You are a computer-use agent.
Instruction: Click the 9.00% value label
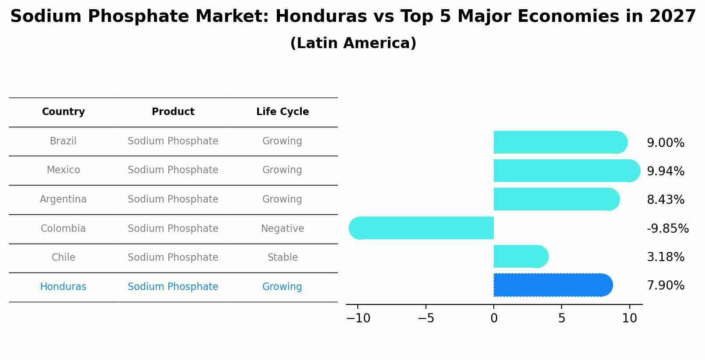click(665, 143)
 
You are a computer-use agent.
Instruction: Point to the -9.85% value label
click(667, 229)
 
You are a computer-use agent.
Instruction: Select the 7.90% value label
click(665, 286)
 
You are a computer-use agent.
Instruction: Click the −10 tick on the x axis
click(358, 318)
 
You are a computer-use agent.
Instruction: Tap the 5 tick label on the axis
click(562, 318)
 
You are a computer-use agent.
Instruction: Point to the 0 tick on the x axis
click(494, 318)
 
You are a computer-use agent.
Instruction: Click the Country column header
click(63, 112)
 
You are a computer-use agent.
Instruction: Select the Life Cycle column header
click(283, 112)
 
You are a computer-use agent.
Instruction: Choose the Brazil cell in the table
click(63, 141)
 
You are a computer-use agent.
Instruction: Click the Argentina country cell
click(63, 199)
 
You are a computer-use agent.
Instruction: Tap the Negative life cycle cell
click(283, 229)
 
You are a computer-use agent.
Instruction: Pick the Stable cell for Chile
click(283, 258)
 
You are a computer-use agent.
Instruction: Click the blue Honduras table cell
click(63, 287)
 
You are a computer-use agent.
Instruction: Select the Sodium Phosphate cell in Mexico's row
click(173, 170)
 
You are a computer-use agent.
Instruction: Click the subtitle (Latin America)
click(353, 43)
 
